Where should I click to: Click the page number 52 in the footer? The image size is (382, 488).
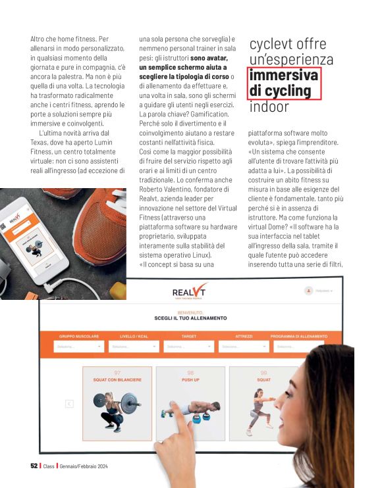click(x=34, y=466)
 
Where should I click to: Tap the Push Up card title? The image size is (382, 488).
click(x=190, y=380)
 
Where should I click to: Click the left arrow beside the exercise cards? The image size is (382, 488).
click(x=69, y=404)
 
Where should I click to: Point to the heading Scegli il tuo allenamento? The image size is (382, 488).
click(x=190, y=318)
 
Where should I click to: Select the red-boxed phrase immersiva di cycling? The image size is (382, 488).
click(x=284, y=82)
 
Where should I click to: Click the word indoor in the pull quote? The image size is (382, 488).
click(x=269, y=106)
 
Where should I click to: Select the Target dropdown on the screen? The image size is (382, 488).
click(x=189, y=346)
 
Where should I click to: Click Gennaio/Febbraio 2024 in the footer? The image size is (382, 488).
click(x=84, y=466)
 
